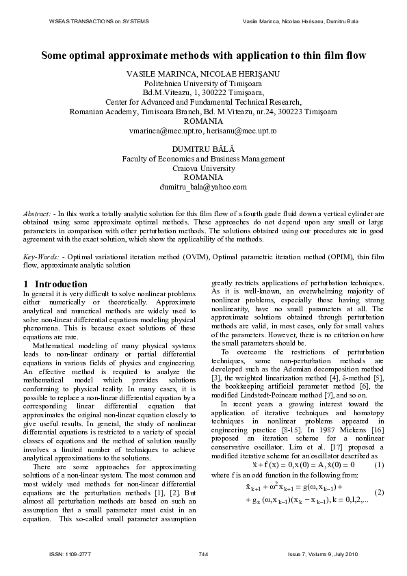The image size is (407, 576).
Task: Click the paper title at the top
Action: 203,55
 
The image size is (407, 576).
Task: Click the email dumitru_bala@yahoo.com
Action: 203,186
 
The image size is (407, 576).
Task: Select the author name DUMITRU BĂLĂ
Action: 203,148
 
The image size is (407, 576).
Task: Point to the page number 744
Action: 203,553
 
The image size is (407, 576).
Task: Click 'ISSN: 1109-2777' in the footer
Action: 70,553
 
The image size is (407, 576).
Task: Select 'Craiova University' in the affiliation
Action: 203,168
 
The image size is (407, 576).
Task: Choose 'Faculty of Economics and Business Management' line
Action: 203,158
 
